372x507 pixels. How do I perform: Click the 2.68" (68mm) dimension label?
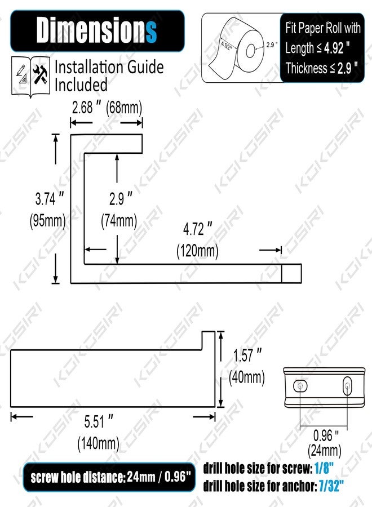tap(107, 108)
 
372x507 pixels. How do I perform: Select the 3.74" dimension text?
tap(50, 198)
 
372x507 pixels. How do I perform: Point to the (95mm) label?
tap(47, 221)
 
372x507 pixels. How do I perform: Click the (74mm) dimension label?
tap(119, 221)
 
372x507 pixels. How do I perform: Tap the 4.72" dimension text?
tap(198, 229)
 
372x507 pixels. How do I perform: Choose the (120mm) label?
tap(198, 251)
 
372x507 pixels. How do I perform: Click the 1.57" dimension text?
tap(247, 355)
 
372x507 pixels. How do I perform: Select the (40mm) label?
tap(247, 377)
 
